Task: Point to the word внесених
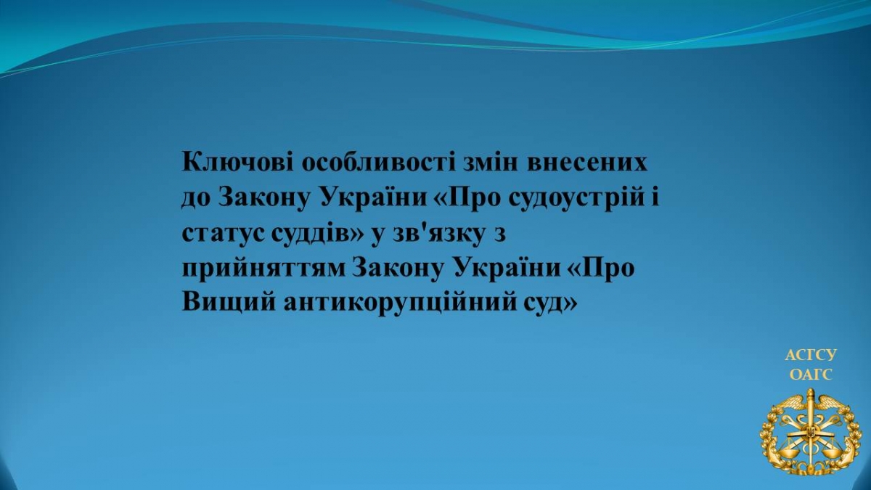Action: [589, 162]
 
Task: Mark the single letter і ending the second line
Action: [654, 197]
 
